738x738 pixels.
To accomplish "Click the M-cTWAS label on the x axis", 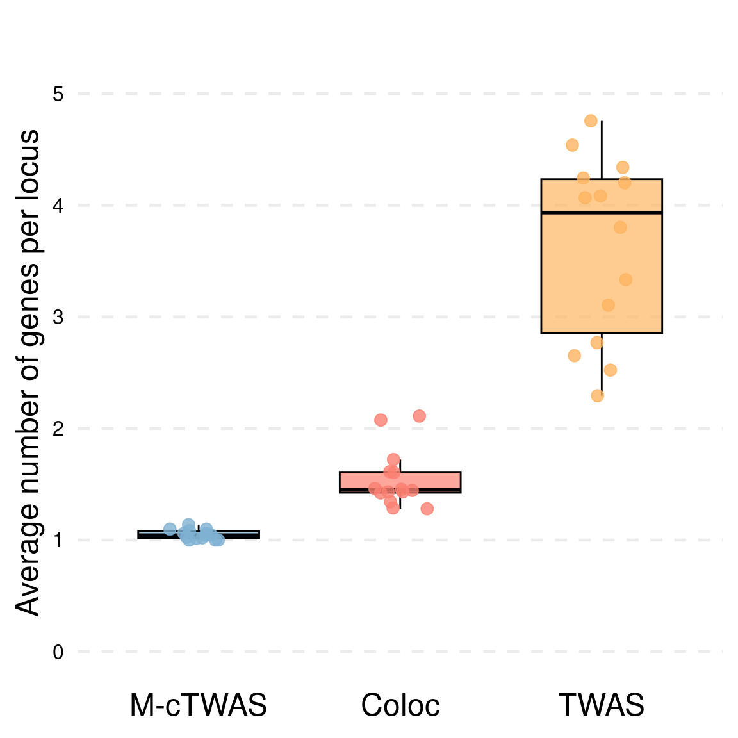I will coord(198,706).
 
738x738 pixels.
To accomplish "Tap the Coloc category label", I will coord(400,706).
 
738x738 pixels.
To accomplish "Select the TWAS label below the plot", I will coord(601,706).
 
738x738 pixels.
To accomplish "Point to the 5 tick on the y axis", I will coord(58,95).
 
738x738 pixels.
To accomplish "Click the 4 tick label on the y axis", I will coord(58,206).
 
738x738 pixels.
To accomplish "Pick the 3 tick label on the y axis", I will coord(58,318).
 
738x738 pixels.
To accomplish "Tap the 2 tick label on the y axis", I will coord(58,429).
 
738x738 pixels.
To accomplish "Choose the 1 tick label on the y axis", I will coord(58,541).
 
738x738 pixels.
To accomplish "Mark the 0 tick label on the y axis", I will coord(58,652).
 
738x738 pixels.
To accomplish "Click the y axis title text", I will coord(28,372).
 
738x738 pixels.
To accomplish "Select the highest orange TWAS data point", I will coord(591,121).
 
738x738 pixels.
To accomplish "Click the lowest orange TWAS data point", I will coord(597,395).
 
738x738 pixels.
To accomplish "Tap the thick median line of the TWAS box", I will coord(601,212).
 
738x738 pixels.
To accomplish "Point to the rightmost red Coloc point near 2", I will coord(419,416).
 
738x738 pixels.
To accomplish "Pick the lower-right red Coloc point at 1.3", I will coord(427,509).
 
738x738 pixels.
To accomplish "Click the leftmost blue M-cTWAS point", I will coord(170,529).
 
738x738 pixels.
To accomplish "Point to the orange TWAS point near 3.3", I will coord(625,279).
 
